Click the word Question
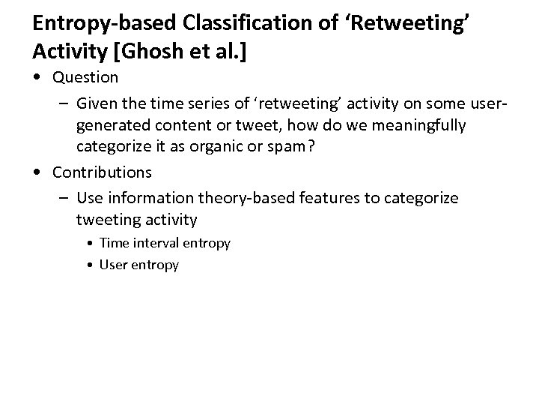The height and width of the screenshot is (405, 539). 85,77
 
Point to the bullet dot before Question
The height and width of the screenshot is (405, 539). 39,77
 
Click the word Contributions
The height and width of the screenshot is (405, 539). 102,172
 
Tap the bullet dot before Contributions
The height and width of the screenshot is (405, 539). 39,172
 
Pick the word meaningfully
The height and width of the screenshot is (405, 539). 422,124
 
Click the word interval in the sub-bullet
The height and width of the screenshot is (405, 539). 154,243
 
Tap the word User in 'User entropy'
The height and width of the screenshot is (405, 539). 113,265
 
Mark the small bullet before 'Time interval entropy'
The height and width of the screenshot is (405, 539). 91,243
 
